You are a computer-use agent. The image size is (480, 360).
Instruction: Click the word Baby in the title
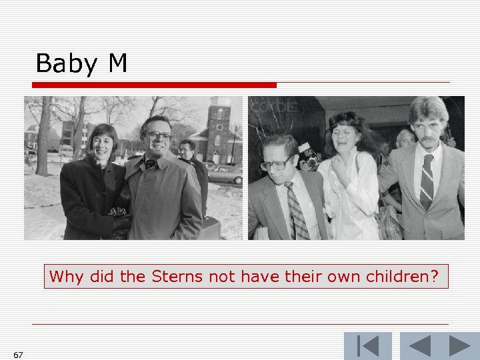point(66,64)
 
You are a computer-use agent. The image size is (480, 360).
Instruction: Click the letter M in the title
point(117,63)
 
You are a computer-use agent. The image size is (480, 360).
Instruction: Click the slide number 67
point(18,355)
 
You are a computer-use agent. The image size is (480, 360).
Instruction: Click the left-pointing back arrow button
point(419,347)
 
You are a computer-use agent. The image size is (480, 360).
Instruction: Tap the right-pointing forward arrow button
point(459,347)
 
